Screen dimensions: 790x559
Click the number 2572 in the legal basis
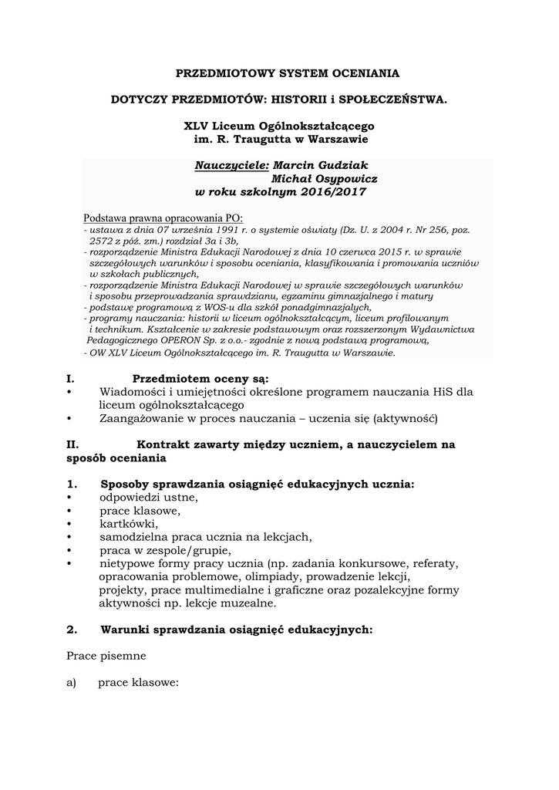(x=102, y=241)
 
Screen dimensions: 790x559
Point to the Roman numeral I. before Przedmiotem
(x=70, y=378)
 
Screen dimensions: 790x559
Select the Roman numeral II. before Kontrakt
(x=73, y=444)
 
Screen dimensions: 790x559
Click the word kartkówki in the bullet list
(x=128, y=524)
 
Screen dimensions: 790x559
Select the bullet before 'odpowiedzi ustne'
(x=70, y=498)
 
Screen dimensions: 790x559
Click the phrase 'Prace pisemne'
(x=106, y=656)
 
